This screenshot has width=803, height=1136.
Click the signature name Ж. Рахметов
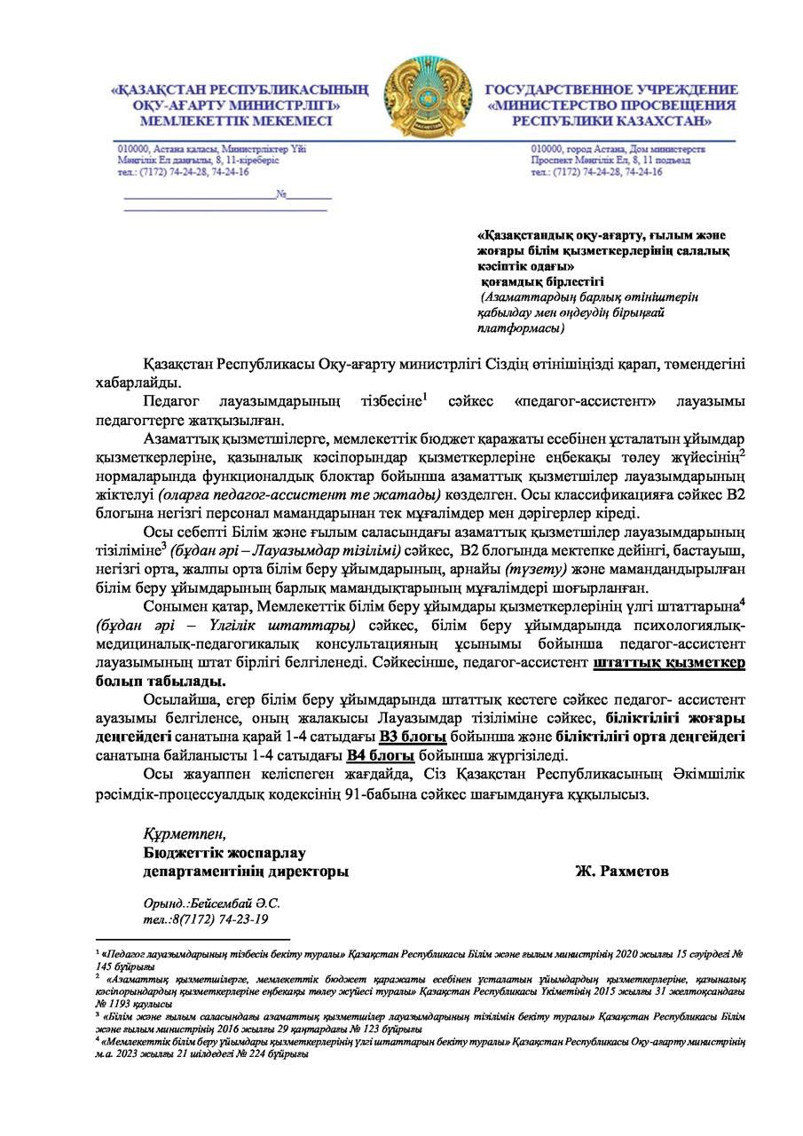point(622,872)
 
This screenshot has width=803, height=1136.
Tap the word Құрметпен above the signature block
point(185,834)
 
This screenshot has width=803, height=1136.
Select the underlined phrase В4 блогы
point(381,755)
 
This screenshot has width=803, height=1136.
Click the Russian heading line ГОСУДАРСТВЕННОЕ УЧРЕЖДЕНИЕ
point(611,90)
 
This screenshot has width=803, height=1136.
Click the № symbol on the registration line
point(281,193)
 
